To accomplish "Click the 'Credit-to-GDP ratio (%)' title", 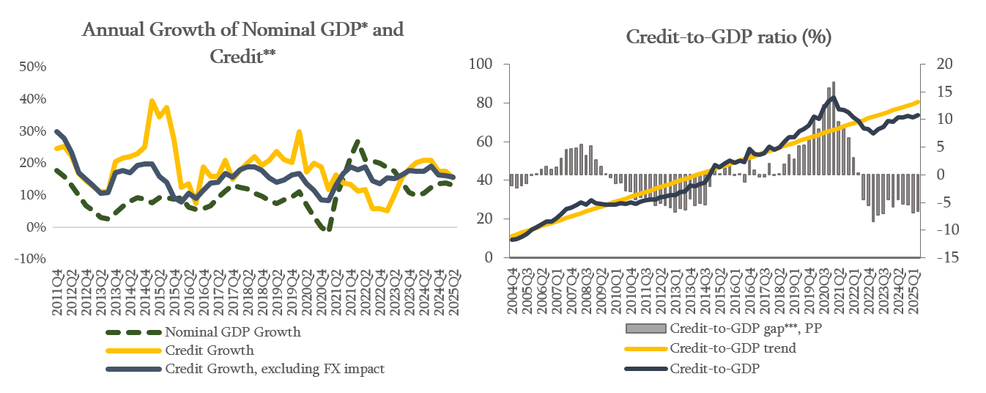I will pyautogui.click(x=728, y=38).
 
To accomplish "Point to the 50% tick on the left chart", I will pyautogui.click(x=33, y=67).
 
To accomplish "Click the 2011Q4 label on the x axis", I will pyautogui.click(x=57, y=293).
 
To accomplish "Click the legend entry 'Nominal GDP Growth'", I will pyautogui.click(x=233, y=332).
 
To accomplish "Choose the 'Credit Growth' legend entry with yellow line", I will pyautogui.click(x=210, y=350).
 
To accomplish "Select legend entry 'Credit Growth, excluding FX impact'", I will pyautogui.click(x=275, y=369).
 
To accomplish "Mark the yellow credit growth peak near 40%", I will pyautogui.click(x=152, y=101).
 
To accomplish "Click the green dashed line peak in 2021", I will pyautogui.click(x=357, y=142).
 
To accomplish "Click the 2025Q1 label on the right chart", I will pyautogui.click(x=916, y=293).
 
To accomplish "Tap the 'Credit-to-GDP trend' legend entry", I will pyautogui.click(x=733, y=348).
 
